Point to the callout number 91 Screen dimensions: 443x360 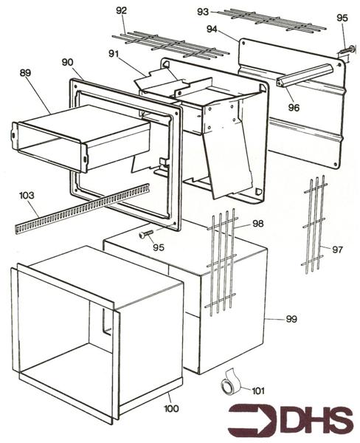pyautogui.click(x=113, y=53)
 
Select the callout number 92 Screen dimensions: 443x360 pyautogui.click(x=122, y=10)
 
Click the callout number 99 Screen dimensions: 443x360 pyautogui.click(x=291, y=318)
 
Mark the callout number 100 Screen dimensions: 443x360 pyautogui.click(x=172, y=408)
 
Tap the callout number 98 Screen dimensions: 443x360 pyautogui.click(x=257, y=223)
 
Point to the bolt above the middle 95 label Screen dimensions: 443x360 pyautogui.click(x=146, y=234)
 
